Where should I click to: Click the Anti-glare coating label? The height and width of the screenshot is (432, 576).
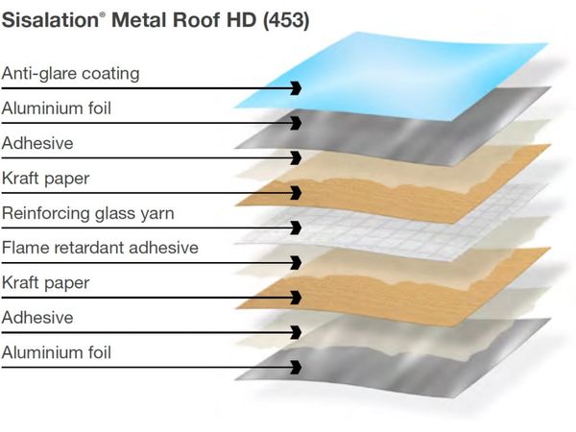(x=70, y=73)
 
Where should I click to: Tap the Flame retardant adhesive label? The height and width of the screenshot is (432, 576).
(x=100, y=248)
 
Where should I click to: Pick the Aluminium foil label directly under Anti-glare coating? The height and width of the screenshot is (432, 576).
(x=57, y=108)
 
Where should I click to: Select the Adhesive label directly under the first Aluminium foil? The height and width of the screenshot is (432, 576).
(x=36, y=143)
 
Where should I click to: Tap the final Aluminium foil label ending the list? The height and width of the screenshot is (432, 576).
(x=57, y=352)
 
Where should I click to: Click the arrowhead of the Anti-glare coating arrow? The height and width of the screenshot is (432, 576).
(x=296, y=88)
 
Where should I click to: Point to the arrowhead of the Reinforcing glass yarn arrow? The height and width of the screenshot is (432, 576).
(x=296, y=228)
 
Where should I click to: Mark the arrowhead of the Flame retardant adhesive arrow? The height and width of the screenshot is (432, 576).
(x=296, y=262)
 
